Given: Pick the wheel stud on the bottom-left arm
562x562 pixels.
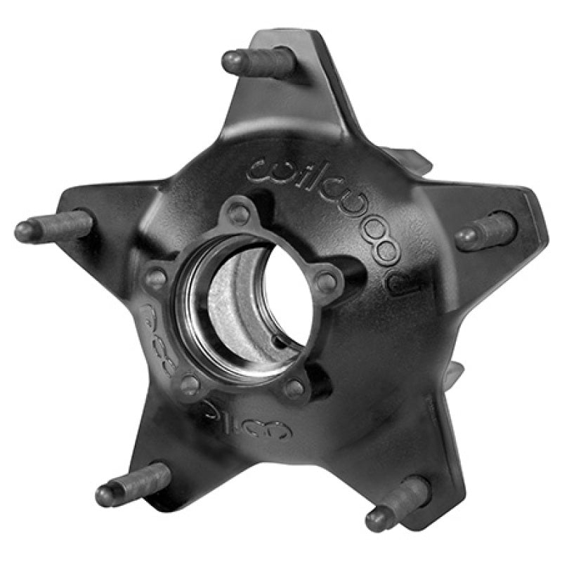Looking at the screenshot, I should point(133,483).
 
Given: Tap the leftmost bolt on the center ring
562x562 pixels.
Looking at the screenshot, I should point(156,278).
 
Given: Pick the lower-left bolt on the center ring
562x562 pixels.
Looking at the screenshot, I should point(189,384).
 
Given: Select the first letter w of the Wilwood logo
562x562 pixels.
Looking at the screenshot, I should point(263,169).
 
